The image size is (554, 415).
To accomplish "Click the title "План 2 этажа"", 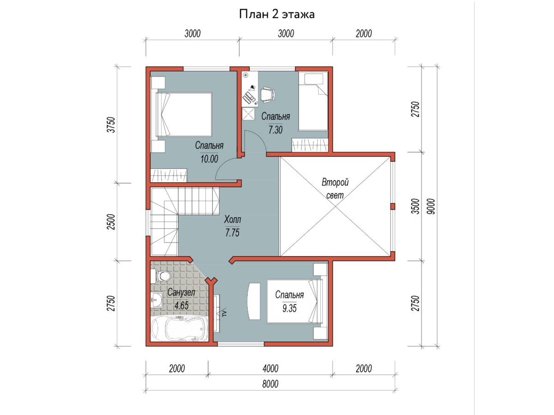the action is (x=277, y=14).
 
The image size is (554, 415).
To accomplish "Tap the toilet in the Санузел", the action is (x=160, y=276).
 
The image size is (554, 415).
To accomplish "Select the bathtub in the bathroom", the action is (x=179, y=328).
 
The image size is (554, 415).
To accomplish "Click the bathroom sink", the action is (x=157, y=300).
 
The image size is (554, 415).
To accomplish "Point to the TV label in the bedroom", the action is (x=224, y=313).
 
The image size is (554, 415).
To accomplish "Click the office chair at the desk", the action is (x=267, y=95).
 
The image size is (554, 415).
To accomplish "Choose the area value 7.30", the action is (x=275, y=130).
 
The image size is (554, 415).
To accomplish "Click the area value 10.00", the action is (x=209, y=159).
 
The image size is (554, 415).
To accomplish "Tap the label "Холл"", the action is (x=233, y=219).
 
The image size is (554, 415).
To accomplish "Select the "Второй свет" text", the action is (x=335, y=189).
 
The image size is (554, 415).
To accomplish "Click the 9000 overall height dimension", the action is (x=432, y=207).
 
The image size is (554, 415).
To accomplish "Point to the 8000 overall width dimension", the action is (x=271, y=384).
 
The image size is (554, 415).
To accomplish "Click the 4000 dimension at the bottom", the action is (x=271, y=368).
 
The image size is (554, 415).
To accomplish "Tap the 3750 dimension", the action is (x=111, y=125).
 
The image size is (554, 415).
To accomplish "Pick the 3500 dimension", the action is (x=415, y=207).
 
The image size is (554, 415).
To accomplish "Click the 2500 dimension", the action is (x=111, y=222).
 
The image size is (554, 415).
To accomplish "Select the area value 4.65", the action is (x=181, y=306).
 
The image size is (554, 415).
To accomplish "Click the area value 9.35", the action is (x=289, y=308).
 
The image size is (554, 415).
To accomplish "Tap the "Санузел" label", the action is (x=181, y=292).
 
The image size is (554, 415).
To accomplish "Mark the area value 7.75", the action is (x=232, y=232).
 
